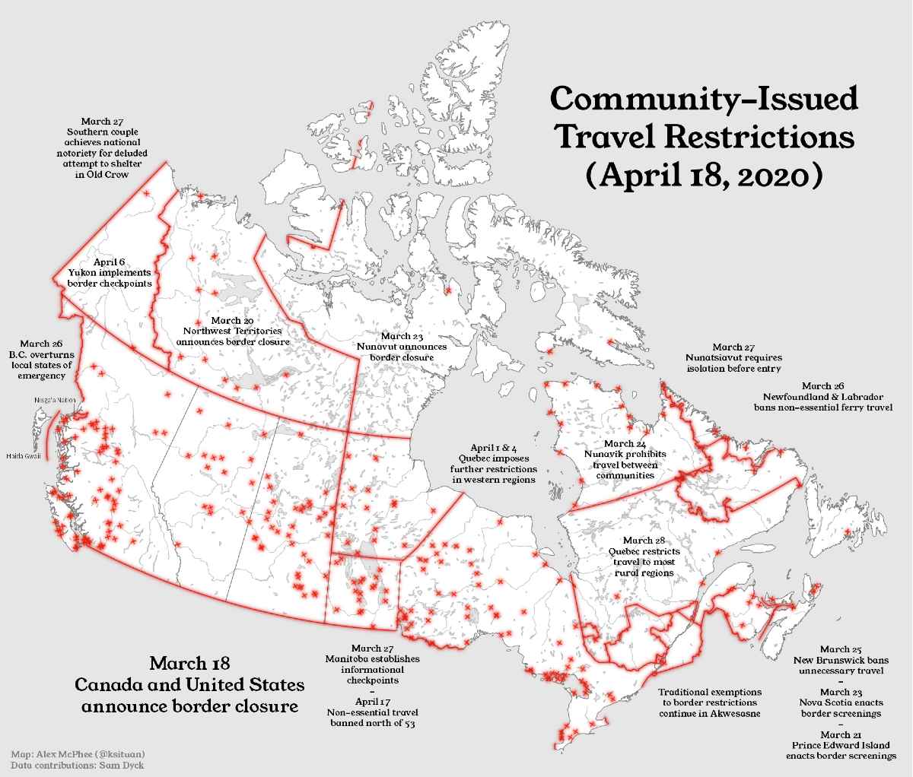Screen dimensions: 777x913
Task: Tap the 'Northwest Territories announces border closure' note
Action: [233, 331]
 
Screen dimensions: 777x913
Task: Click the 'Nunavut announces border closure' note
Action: [402, 347]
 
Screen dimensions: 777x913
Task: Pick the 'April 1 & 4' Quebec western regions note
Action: [498, 463]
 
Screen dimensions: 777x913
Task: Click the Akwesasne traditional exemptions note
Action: [710, 703]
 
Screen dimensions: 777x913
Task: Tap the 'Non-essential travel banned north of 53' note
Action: [373, 712]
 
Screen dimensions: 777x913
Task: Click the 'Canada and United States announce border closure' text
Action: [189, 683]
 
